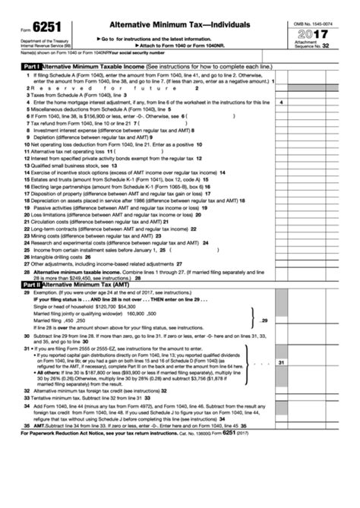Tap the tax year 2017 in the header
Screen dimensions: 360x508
[x=314, y=34]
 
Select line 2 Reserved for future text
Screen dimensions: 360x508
[x=76, y=88]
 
